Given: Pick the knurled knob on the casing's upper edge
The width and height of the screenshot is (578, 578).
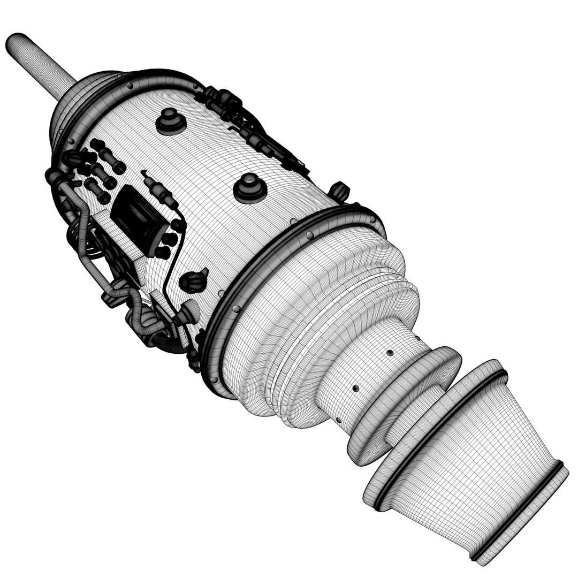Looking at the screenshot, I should pyautogui.click(x=338, y=190).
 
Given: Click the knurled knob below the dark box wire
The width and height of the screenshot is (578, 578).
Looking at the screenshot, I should pyautogui.click(x=194, y=279).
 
